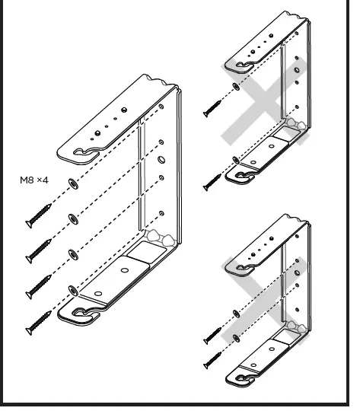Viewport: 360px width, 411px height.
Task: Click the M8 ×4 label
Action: [34, 181]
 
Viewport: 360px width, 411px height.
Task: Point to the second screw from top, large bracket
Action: [40, 250]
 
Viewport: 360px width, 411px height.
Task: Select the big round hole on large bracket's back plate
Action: [161, 160]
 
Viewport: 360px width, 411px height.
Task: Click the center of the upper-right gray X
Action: [260, 105]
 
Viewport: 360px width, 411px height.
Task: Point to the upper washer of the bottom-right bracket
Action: [236, 313]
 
